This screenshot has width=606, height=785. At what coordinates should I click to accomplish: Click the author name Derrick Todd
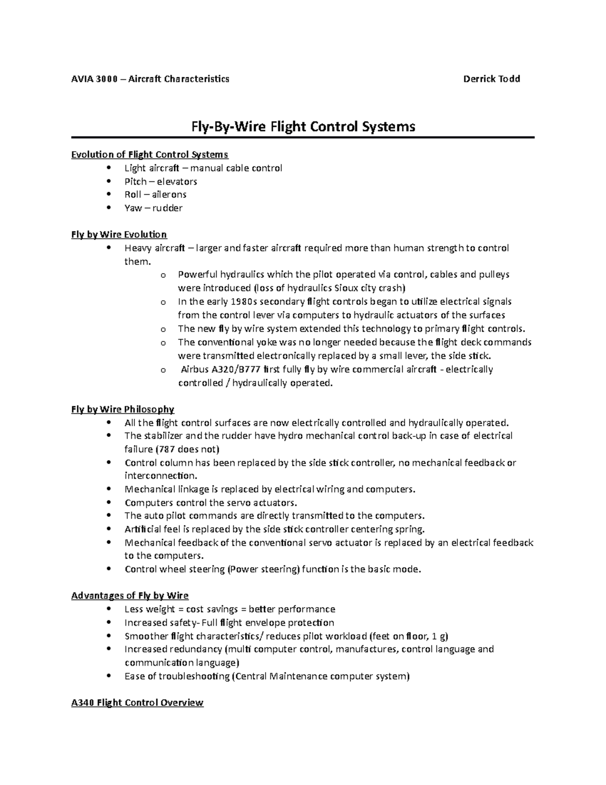tap(491, 79)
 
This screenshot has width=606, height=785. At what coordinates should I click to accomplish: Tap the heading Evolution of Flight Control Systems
tap(149, 155)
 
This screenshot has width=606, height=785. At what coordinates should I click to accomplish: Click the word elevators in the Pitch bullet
tap(177, 181)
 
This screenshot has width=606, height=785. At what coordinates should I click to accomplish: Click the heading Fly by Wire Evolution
tap(119, 235)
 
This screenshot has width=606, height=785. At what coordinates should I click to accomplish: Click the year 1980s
tap(242, 302)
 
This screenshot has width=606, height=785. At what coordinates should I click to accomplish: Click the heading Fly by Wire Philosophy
tap(123, 409)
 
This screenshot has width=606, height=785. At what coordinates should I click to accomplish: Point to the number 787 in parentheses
tap(166, 449)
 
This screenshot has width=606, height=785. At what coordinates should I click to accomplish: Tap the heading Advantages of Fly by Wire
tap(130, 596)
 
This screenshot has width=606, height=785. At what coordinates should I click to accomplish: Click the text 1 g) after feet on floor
tap(440, 636)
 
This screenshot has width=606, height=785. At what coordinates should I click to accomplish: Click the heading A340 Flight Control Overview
tap(137, 703)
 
